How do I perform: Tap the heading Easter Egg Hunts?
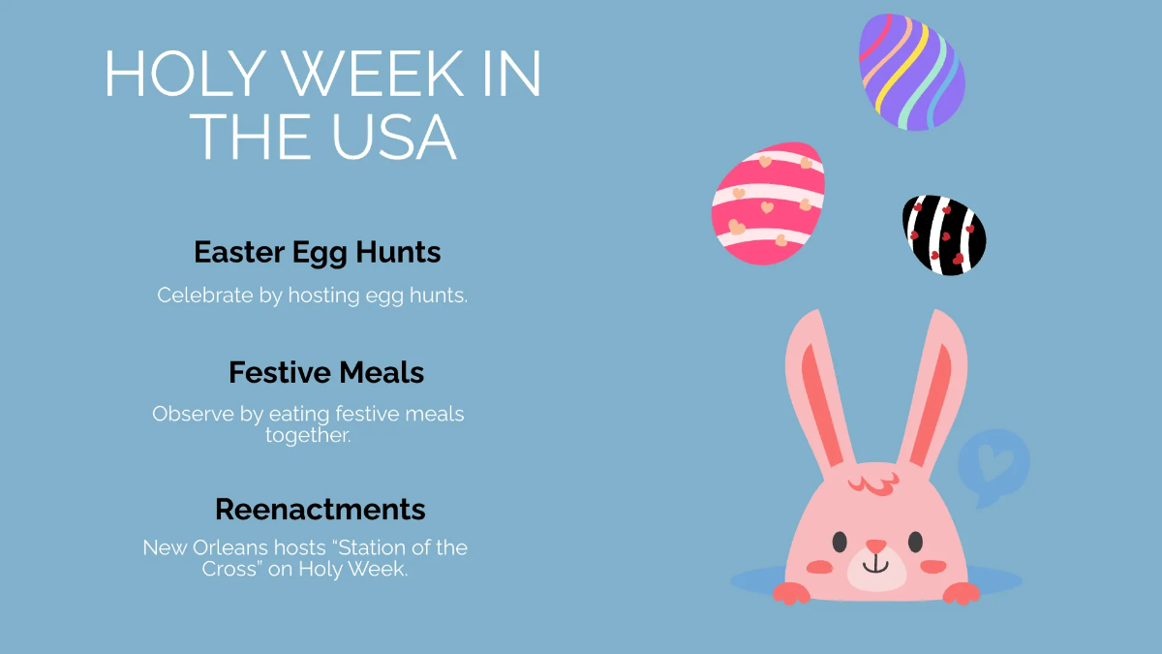click(318, 253)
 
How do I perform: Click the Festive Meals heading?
click(326, 372)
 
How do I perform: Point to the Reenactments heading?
click(320, 509)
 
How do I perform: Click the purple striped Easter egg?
click(911, 73)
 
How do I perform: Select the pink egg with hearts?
click(768, 203)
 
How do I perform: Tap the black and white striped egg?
click(944, 234)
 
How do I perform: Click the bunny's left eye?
click(839, 541)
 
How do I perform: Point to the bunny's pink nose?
click(875, 546)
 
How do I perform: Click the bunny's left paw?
click(792, 592)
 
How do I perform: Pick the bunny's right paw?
click(961, 592)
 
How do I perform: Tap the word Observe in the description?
click(193, 414)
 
